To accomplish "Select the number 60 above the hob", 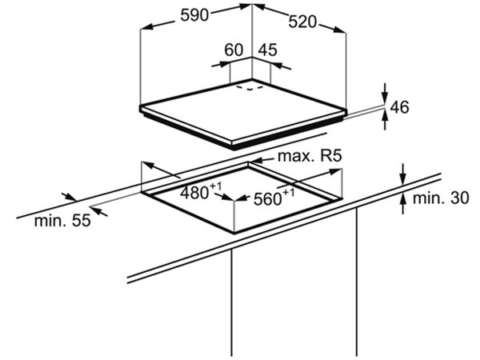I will (234, 50).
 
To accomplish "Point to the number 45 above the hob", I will (268, 50).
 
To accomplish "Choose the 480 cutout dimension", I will (199, 192).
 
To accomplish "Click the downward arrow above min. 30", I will (403, 174).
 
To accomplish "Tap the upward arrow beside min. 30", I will (403, 207).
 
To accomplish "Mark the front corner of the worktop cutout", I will (234, 232).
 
